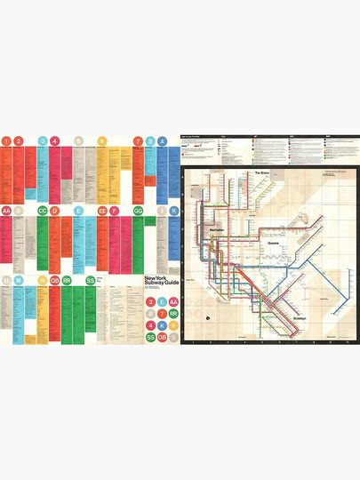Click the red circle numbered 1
(6, 140)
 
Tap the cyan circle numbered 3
(42, 140)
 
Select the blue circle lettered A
(161, 140)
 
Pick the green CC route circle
(42, 211)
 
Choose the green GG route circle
(138, 211)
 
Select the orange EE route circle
(101, 211)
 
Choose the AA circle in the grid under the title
(174, 302)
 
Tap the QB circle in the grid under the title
(162, 338)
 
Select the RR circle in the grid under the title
(174, 314)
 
